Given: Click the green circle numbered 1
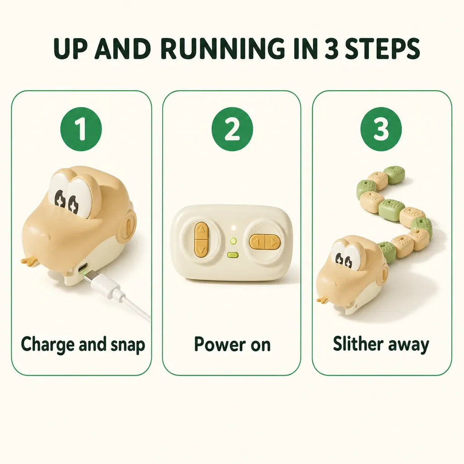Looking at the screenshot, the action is tap(81, 129).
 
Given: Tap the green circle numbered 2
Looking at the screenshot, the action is tap(232, 129).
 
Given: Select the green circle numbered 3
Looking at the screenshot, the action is tap(381, 129).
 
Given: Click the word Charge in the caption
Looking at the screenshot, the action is tap(48, 345).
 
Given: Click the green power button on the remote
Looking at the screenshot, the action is tap(233, 241).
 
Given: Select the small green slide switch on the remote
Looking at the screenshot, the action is tap(233, 255).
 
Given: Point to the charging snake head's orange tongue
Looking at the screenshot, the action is tap(29, 261).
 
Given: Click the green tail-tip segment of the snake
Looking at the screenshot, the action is tap(394, 175).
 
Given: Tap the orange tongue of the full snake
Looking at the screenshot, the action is tap(323, 300).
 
